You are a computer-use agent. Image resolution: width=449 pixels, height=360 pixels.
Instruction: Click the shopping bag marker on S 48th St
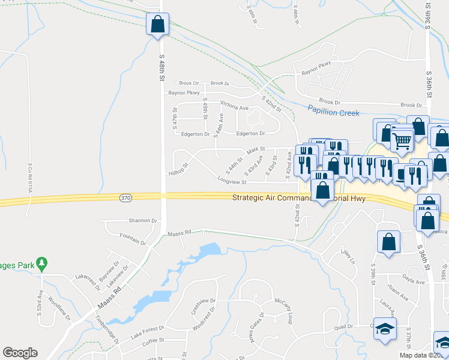click(x=158, y=25)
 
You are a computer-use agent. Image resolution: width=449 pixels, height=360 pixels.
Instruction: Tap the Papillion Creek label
click(x=333, y=112)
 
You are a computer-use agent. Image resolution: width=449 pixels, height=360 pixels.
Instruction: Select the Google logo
click(x=20, y=353)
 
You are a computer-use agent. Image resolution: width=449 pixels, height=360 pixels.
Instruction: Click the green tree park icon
click(x=41, y=263)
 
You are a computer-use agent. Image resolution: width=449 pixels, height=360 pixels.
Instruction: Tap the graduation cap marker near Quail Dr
click(x=385, y=328)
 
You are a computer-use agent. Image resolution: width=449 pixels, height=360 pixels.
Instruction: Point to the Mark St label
click(x=255, y=149)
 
